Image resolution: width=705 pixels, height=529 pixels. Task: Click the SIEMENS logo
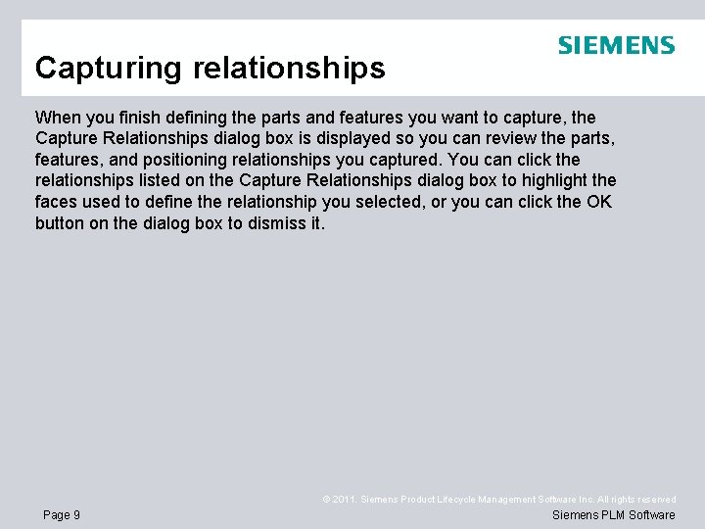tap(616, 45)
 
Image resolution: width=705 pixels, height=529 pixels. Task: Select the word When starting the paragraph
tap(56, 117)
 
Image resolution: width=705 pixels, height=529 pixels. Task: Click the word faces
tap(57, 202)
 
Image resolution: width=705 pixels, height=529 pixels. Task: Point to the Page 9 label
tap(62, 515)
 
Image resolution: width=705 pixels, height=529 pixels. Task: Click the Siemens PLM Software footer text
tap(613, 515)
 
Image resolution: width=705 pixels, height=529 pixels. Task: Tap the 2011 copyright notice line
tap(498, 500)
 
